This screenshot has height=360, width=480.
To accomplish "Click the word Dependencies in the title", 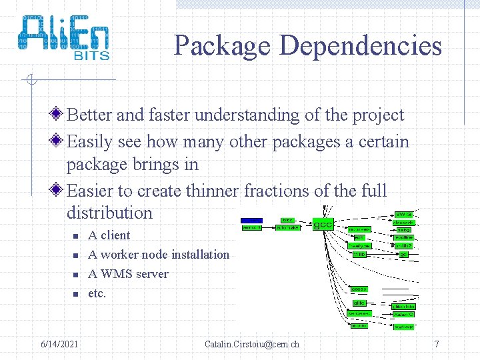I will click(x=361, y=46).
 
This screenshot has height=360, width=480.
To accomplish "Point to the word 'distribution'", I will click(x=109, y=213).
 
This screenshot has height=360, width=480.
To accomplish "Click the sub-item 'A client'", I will click(x=109, y=235).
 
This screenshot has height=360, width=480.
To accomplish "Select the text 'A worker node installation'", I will click(x=159, y=255).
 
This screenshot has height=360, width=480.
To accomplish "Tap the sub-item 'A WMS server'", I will click(x=128, y=274).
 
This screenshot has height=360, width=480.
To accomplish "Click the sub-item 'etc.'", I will click(x=97, y=293).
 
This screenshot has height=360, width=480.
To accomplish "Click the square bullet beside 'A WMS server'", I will click(x=75, y=275).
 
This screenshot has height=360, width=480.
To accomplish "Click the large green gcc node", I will click(x=323, y=223).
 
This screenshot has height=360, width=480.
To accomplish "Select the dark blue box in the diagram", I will click(x=251, y=219).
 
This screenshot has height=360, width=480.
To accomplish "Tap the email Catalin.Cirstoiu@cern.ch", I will click(x=252, y=345).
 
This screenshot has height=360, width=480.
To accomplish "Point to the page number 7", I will click(x=437, y=345).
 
